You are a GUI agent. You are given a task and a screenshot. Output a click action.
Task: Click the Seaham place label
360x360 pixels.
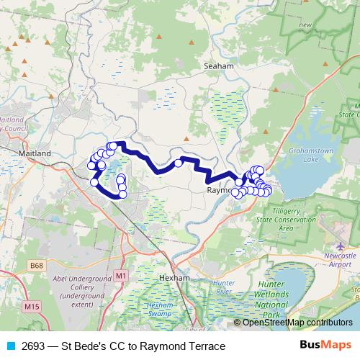point(219,66)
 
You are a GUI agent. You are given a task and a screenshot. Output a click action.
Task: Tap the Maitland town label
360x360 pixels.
point(35,153)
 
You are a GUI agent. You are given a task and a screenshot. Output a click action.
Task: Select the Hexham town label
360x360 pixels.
point(174,277)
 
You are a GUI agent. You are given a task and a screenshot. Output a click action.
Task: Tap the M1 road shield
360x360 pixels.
point(120,276)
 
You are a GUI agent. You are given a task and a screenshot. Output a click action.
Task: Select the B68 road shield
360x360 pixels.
point(37,266)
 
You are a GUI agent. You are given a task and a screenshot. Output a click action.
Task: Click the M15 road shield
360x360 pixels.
point(30,307)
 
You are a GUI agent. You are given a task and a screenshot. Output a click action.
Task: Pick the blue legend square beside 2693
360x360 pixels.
point(10,346)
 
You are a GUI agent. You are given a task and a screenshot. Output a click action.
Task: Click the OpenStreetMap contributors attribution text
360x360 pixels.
point(297,323)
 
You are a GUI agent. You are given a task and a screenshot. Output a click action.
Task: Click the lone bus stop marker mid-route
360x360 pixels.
point(178,163)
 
